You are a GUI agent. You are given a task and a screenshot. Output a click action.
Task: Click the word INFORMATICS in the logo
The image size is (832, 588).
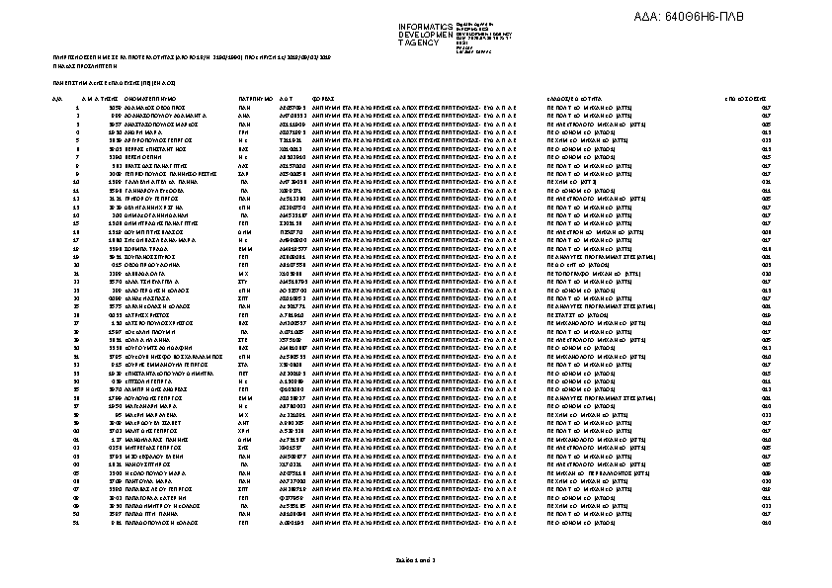click(x=425, y=26)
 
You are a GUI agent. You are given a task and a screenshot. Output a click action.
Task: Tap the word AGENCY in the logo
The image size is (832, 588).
click(x=421, y=42)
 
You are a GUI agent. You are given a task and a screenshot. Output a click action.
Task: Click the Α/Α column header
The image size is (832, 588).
click(x=56, y=100)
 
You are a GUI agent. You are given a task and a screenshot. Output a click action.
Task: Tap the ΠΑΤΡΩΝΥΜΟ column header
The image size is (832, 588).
click(x=255, y=100)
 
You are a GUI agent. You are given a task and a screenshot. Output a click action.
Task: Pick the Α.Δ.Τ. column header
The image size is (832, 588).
click(x=288, y=100)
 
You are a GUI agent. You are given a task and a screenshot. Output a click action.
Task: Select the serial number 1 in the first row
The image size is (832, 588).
click(x=77, y=108)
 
